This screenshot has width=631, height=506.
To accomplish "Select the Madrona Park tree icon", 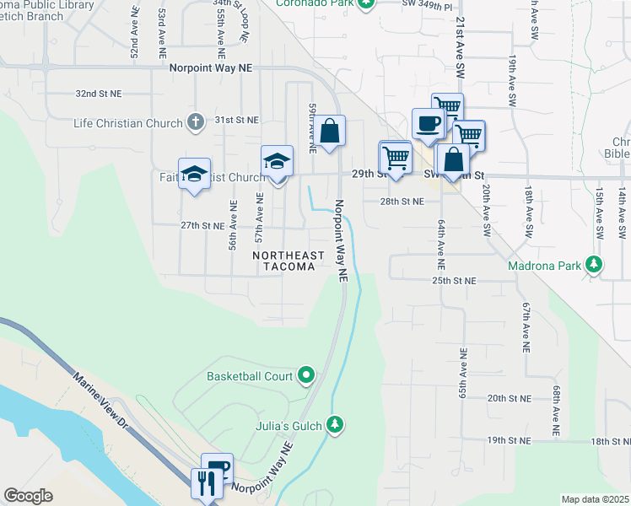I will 595,265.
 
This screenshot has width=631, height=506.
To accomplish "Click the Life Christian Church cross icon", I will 195,122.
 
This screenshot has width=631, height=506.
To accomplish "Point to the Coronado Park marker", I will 365,3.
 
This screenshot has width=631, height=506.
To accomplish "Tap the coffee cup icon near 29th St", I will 428,124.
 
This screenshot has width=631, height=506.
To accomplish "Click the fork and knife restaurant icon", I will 205,483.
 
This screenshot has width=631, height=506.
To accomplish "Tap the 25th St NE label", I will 454,280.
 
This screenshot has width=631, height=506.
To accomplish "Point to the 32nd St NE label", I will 98,94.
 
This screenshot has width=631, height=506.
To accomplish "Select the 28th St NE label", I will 401,202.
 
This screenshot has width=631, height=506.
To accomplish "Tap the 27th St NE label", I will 202,225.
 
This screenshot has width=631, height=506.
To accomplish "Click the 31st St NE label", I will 236,120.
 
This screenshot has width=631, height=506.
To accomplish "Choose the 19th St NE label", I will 508,440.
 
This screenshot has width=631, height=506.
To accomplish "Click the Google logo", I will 28,496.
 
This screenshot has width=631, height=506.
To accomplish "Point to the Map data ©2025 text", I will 595,499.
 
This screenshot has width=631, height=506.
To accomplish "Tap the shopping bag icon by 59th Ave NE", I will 330,131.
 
